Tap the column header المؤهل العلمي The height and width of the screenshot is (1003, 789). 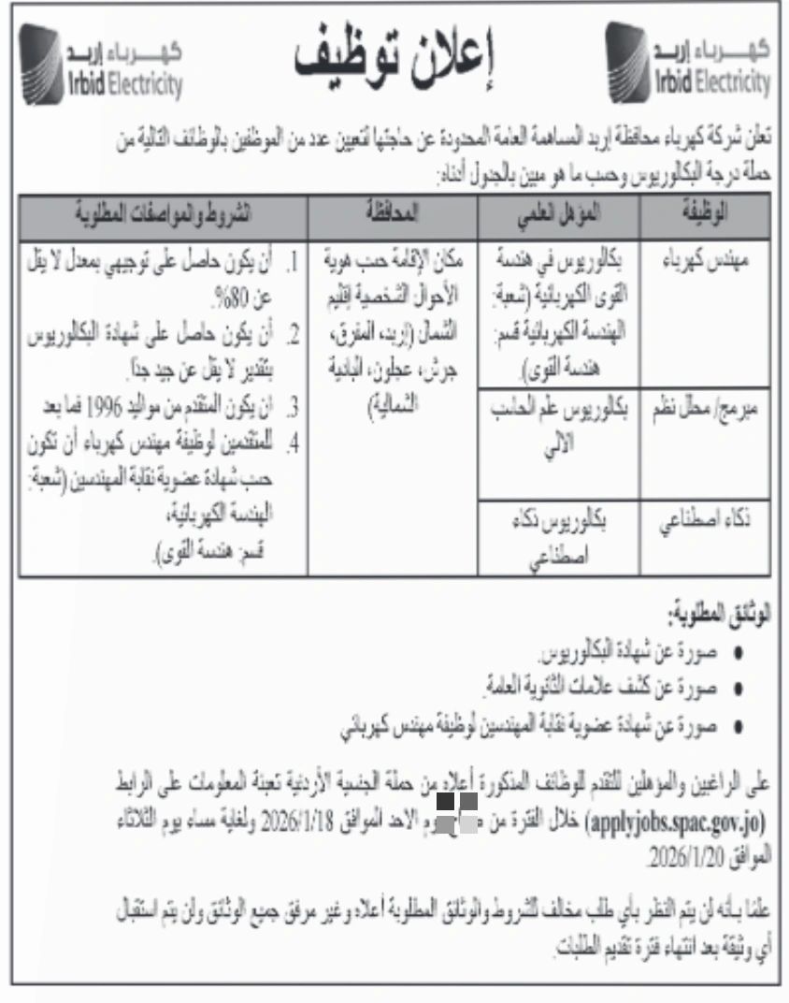(559, 214)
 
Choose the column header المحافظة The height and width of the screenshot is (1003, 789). (394, 214)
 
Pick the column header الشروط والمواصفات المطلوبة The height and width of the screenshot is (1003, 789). (164, 214)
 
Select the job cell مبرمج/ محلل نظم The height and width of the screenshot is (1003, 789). (705, 409)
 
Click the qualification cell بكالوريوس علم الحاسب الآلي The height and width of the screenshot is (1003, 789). (559, 421)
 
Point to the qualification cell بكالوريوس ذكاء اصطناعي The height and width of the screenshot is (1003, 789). (559, 537)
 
